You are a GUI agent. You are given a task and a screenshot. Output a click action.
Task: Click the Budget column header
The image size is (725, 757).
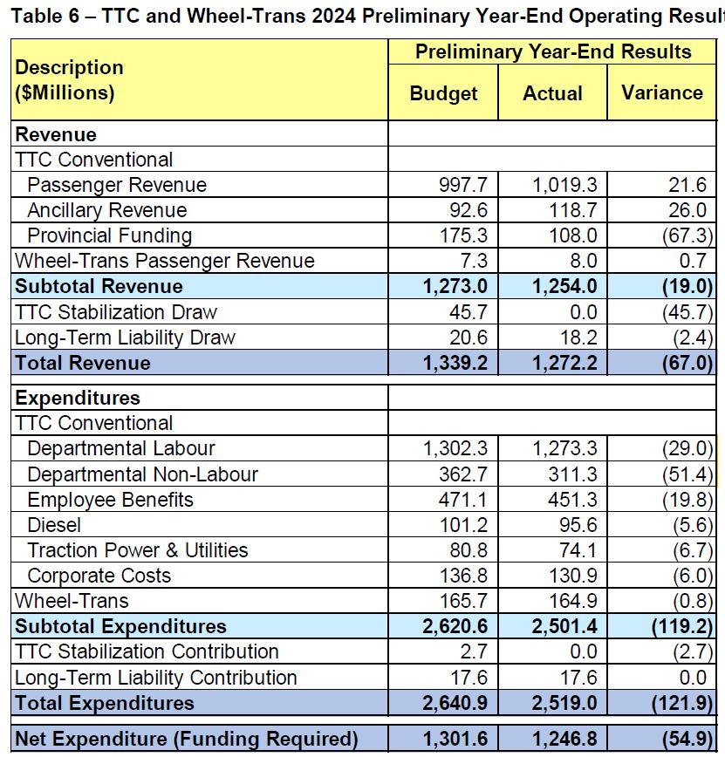click(x=443, y=93)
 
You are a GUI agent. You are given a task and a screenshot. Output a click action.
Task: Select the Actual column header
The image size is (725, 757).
click(x=552, y=93)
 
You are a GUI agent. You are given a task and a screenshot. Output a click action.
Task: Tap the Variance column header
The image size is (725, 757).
click(x=662, y=92)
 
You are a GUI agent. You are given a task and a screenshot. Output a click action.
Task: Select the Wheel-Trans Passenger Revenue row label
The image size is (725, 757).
click(x=165, y=261)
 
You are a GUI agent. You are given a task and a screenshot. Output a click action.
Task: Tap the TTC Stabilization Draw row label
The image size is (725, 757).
click(x=116, y=312)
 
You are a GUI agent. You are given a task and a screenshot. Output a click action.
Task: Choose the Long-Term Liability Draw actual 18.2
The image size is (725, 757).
click(x=578, y=338)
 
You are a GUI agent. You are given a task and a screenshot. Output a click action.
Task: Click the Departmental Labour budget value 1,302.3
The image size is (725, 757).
click(x=455, y=448)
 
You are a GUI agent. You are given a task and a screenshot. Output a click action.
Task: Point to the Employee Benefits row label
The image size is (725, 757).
click(x=111, y=500)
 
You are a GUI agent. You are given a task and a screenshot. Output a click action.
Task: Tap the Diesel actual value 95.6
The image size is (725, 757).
click(x=578, y=525)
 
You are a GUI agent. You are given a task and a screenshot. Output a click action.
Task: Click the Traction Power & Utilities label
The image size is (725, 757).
click(x=138, y=550)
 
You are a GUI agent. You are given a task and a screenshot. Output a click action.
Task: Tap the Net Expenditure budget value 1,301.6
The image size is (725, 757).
click(x=455, y=740)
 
